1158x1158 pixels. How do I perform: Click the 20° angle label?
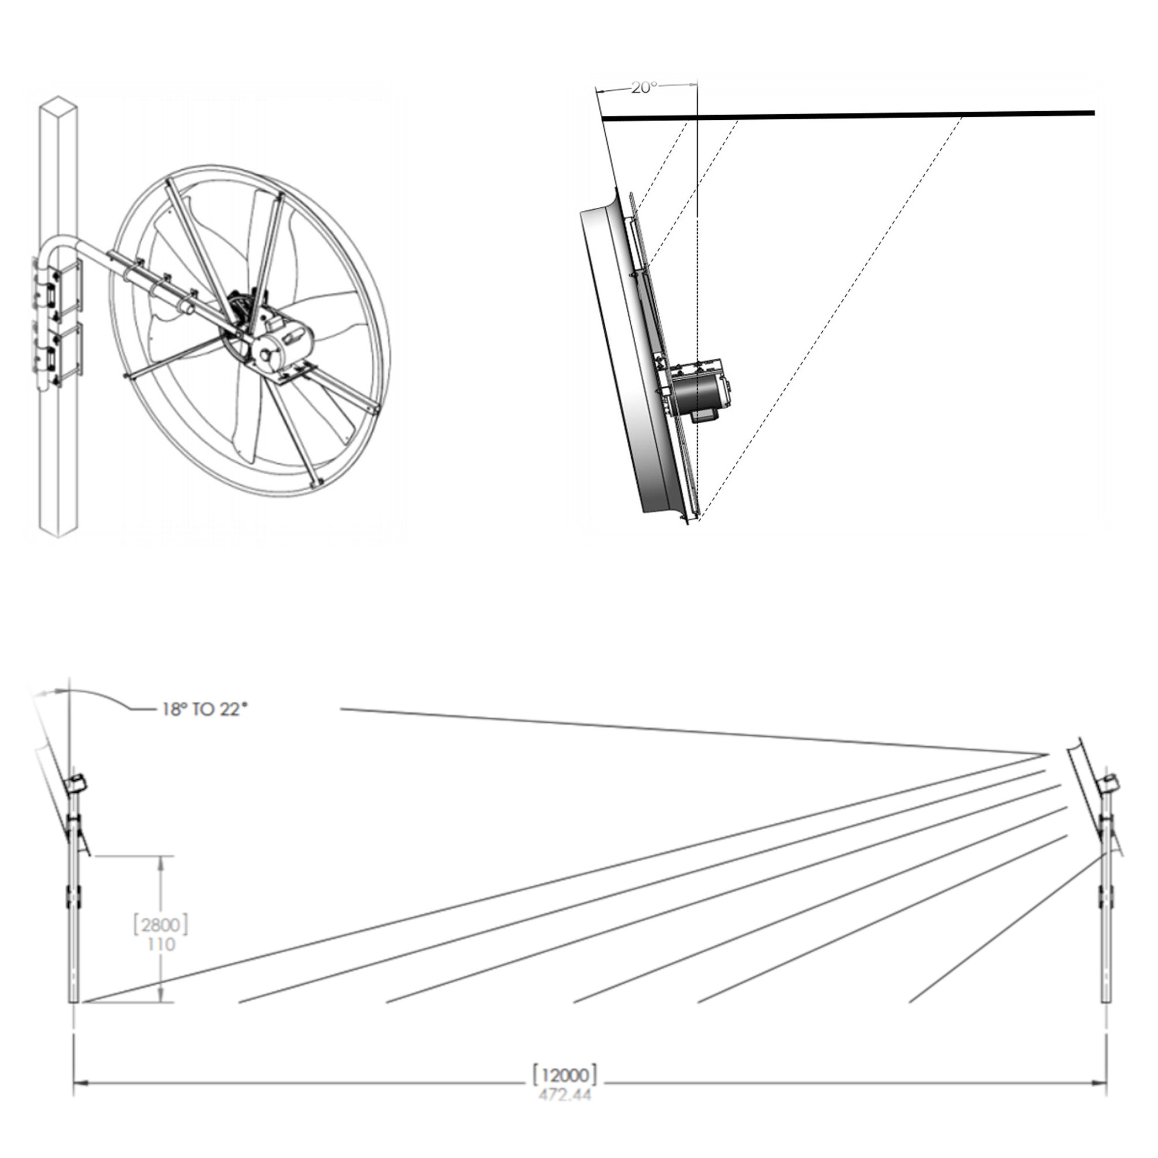pyautogui.click(x=644, y=87)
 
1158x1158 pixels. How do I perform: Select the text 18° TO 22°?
pyautogui.click(x=204, y=710)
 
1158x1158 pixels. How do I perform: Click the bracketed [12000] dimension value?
pyautogui.click(x=565, y=1075)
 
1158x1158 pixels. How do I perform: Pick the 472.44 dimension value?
pyautogui.click(x=565, y=1094)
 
